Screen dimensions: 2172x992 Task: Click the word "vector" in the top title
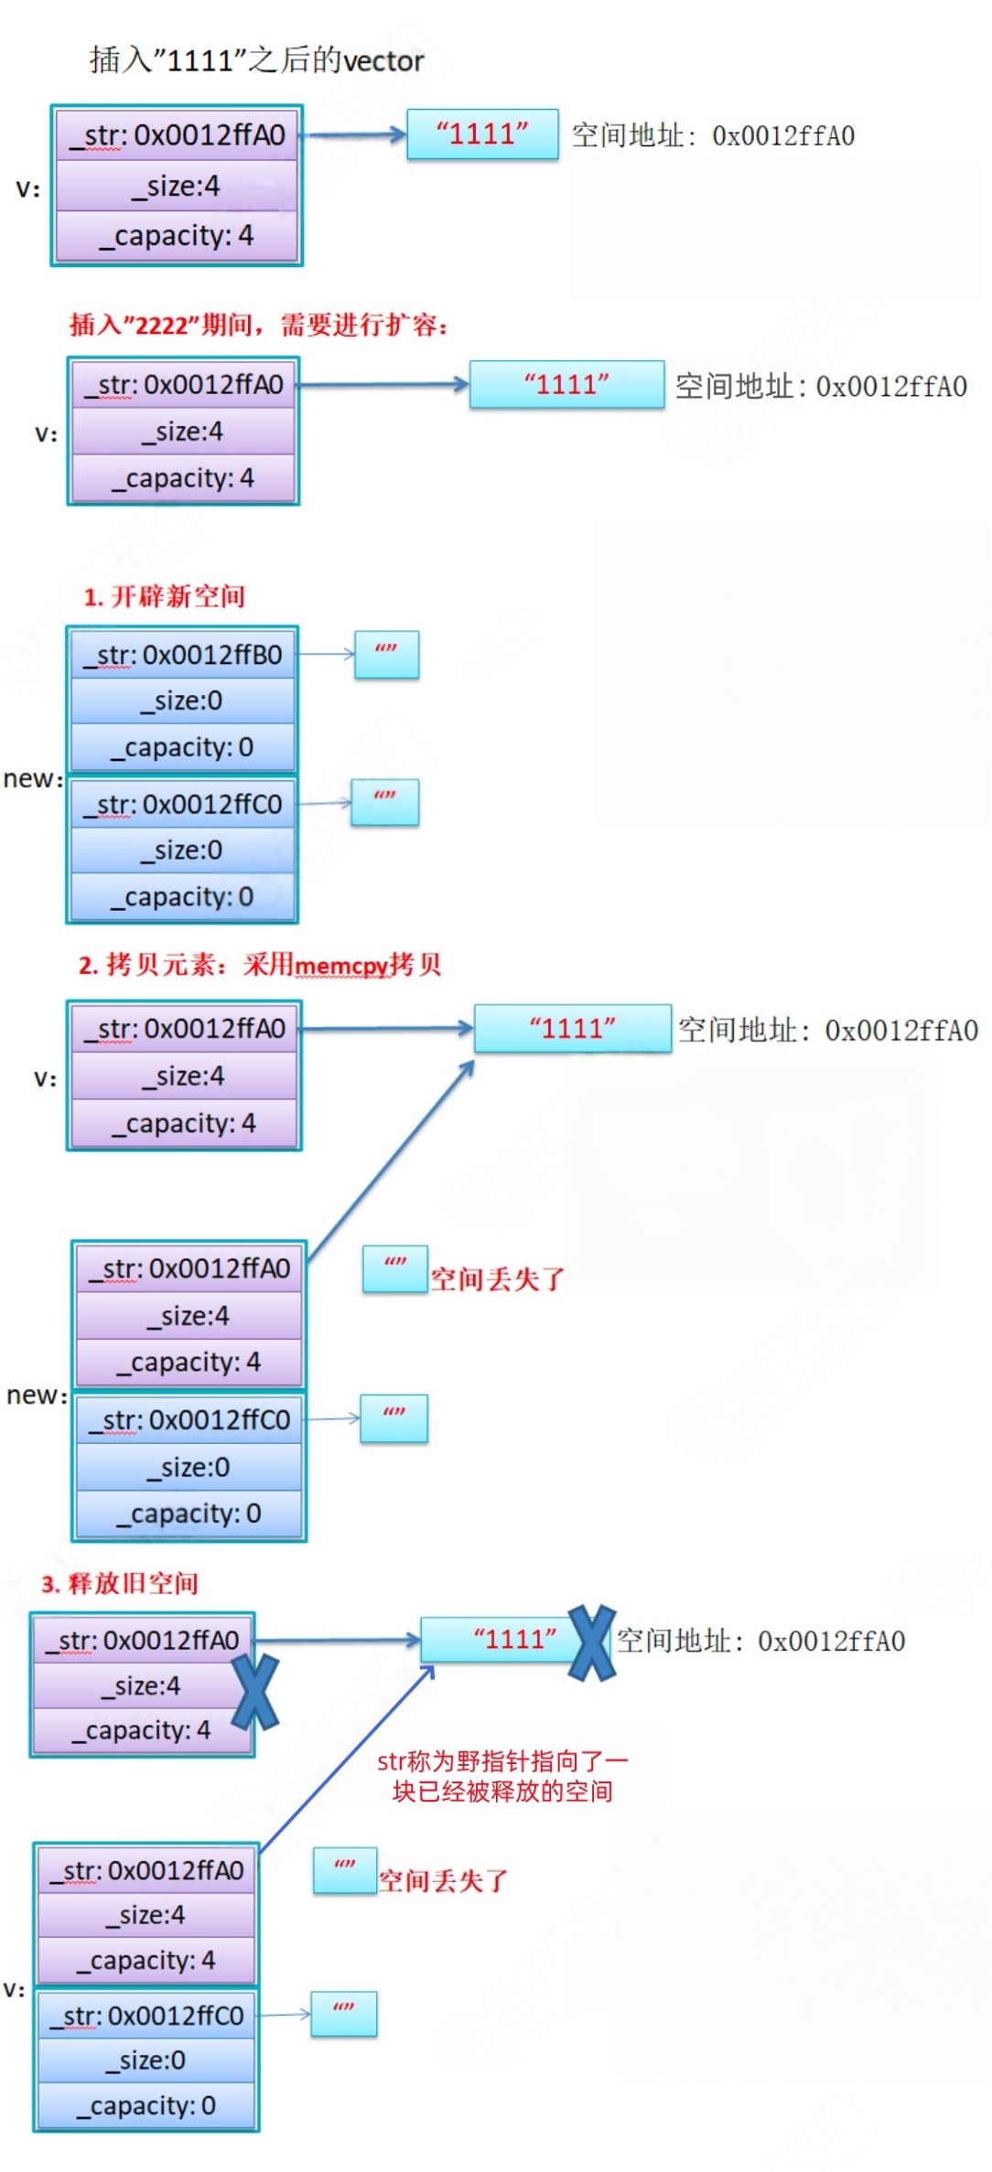click(x=383, y=61)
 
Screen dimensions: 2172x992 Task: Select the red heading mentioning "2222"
click(x=258, y=325)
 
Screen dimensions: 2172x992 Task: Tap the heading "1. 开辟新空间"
click(x=164, y=597)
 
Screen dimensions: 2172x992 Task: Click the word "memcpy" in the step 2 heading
click(x=341, y=966)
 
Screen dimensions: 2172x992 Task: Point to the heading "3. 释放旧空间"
click(x=120, y=1583)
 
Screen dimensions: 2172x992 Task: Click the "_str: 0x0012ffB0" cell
click(x=183, y=655)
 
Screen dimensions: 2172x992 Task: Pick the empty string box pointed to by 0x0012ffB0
click(x=386, y=655)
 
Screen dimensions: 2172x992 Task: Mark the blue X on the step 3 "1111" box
click(x=592, y=1643)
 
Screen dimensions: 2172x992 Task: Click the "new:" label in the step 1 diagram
click(x=33, y=779)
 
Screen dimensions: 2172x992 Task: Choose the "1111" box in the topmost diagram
click(x=482, y=134)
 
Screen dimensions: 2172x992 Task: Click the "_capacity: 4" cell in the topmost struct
click(x=178, y=236)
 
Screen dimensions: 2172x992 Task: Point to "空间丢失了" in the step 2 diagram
click(x=498, y=1279)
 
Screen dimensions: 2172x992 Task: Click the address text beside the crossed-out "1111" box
click(x=761, y=1641)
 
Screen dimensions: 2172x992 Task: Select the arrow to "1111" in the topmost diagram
click(x=353, y=135)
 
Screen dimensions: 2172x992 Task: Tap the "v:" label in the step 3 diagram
click(x=14, y=1989)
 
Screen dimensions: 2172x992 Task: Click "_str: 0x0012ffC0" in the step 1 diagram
click(x=183, y=805)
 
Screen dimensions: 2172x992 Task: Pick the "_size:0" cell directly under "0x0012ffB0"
click(x=183, y=701)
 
